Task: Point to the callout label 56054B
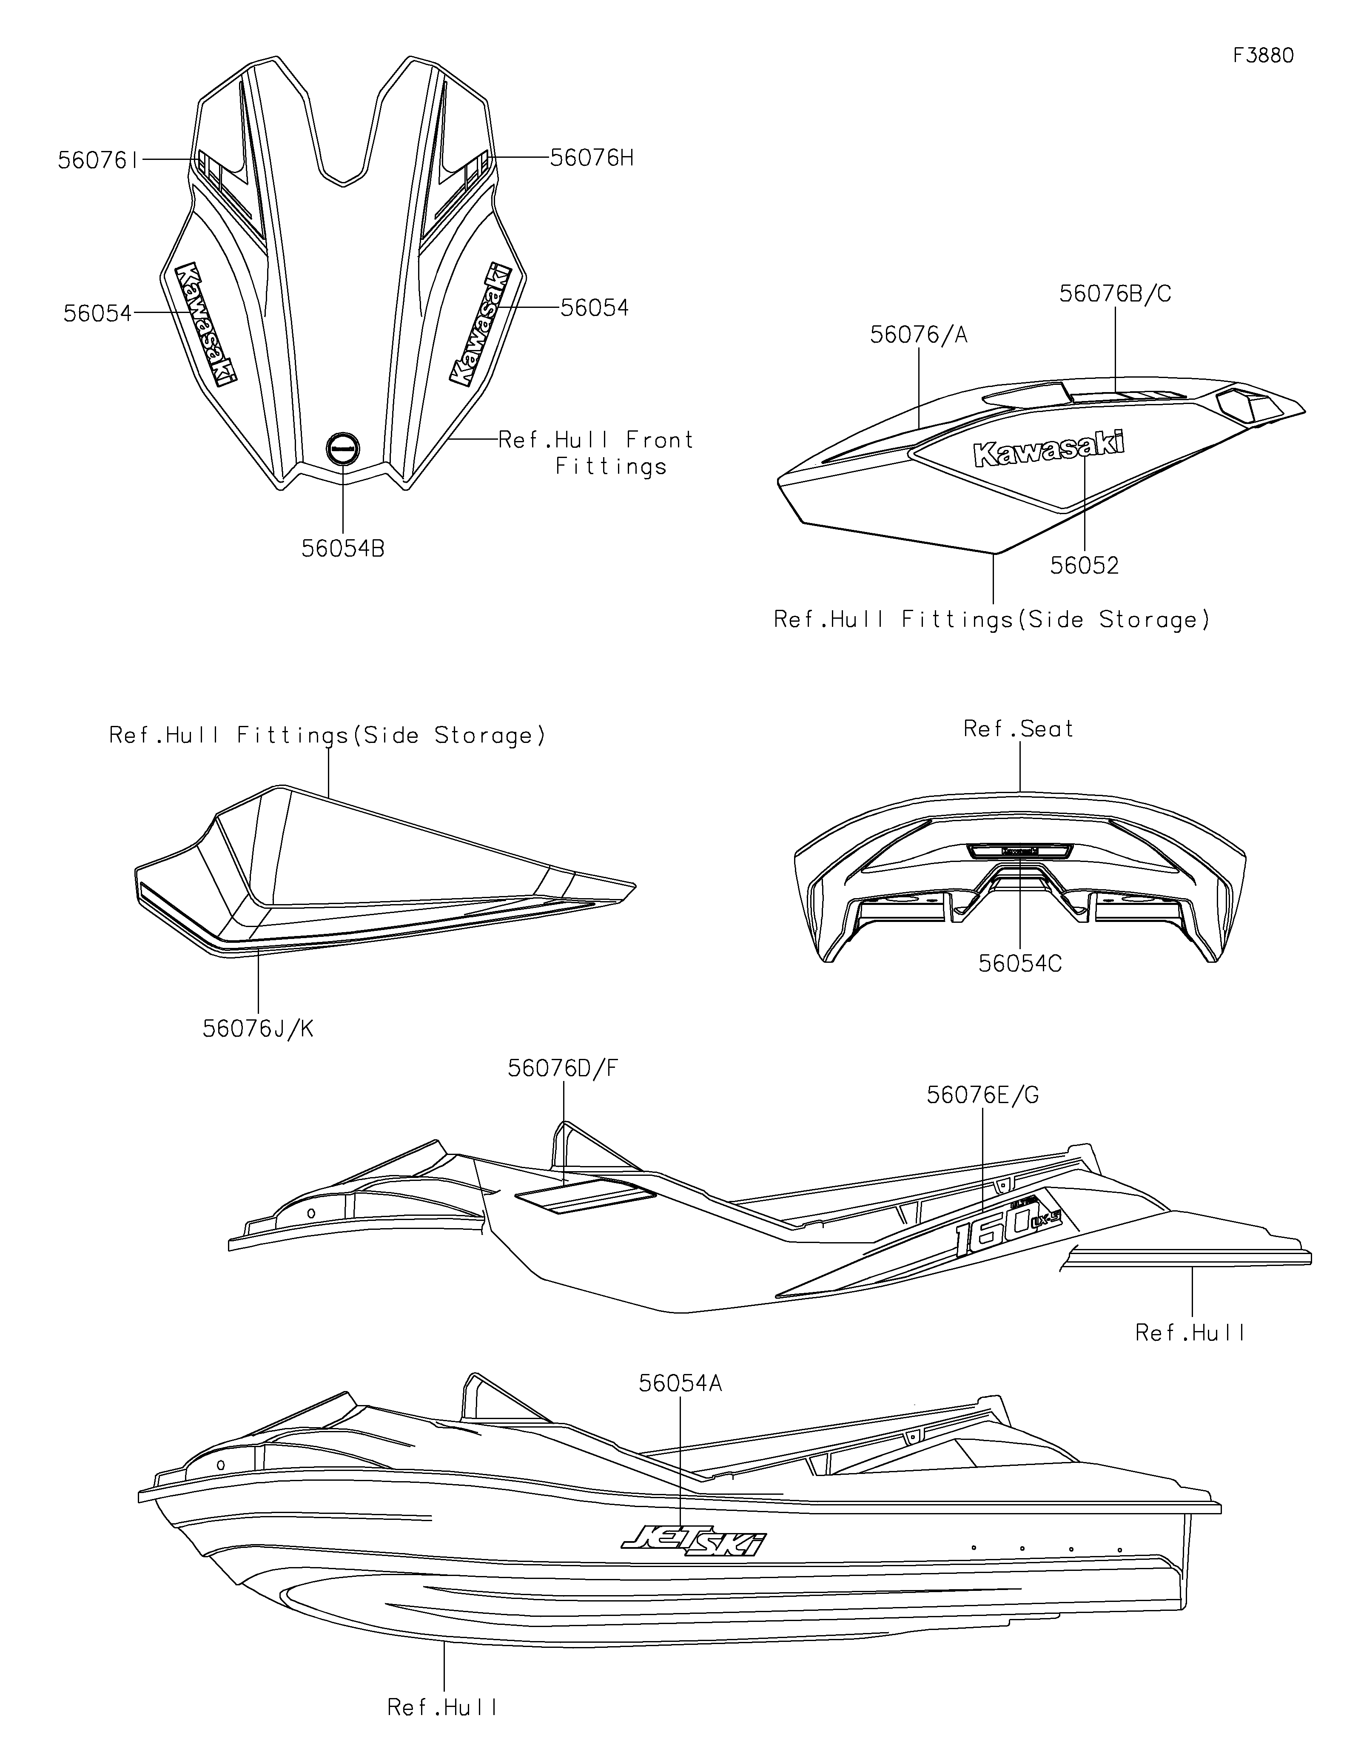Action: (x=343, y=549)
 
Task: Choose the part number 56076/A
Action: (x=918, y=335)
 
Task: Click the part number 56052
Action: (x=1084, y=566)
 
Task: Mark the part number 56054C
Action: (x=1020, y=964)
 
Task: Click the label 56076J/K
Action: (x=258, y=1029)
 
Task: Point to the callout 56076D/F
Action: (x=564, y=1068)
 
